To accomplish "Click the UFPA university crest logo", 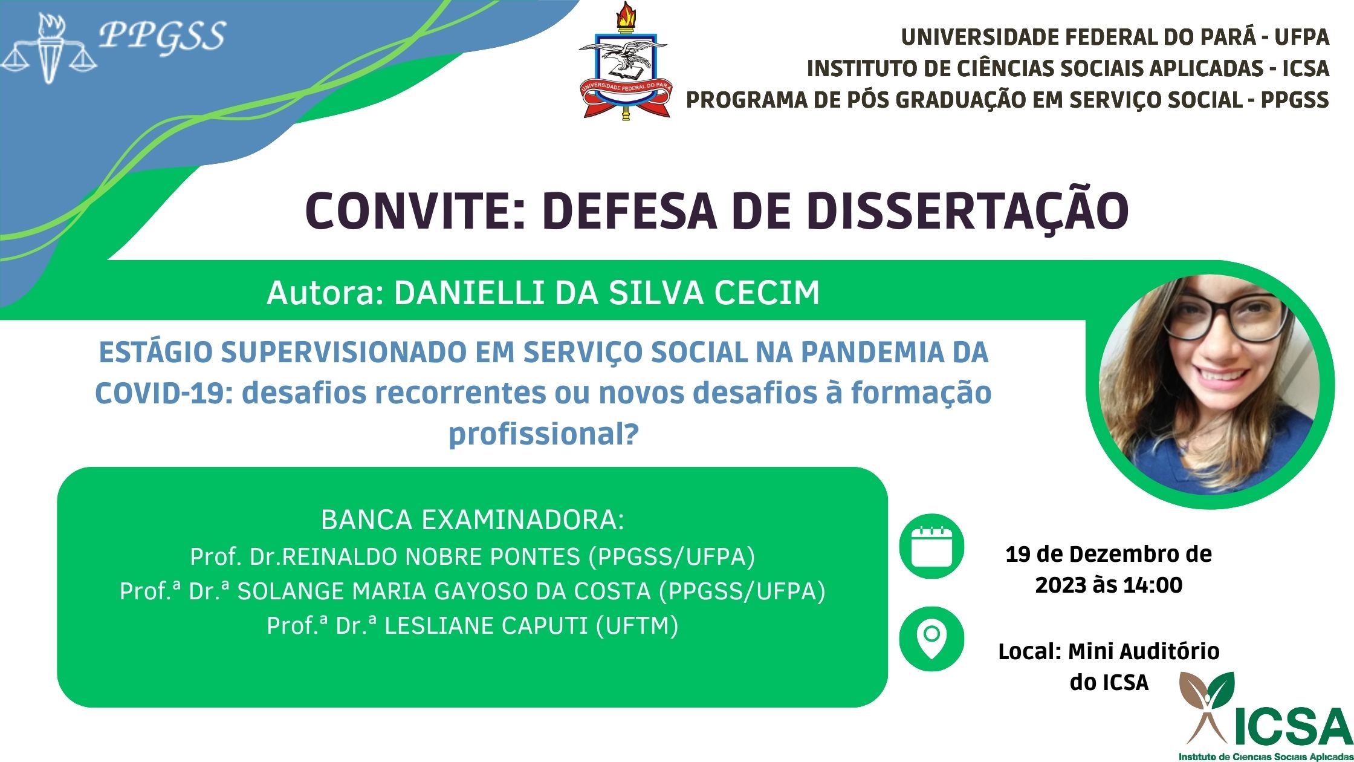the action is pyautogui.click(x=624, y=60).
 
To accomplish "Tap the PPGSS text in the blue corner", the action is pyautogui.click(x=162, y=36).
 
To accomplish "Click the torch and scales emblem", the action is pyautogui.click(x=49, y=48).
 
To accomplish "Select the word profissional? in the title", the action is pyautogui.click(x=544, y=434).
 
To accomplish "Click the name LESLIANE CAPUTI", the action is pyautogui.click(x=486, y=626).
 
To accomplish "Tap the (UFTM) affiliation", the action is pyautogui.click(x=637, y=626).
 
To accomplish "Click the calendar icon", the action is pyautogui.click(x=931, y=547).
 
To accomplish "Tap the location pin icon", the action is pyautogui.click(x=931, y=639).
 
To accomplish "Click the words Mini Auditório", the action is pyautogui.click(x=1144, y=651).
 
